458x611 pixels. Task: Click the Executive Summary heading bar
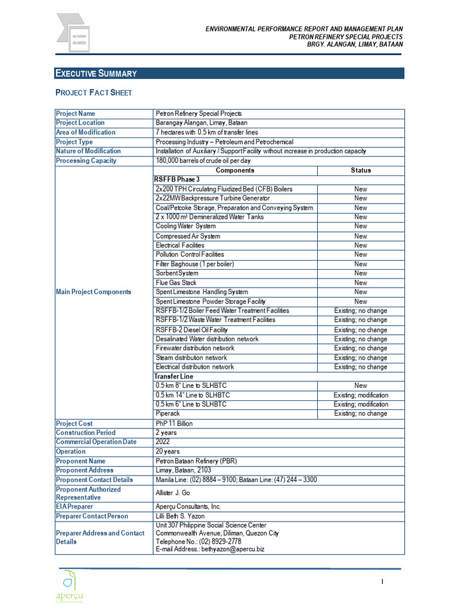click(229, 73)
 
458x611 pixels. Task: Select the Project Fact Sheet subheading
click(94, 93)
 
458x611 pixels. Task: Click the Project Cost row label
click(75, 423)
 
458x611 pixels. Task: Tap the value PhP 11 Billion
click(174, 423)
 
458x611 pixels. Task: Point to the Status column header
click(361, 170)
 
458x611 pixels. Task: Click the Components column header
click(235, 170)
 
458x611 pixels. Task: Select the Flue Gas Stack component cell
click(176, 283)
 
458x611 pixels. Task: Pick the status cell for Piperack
click(361, 413)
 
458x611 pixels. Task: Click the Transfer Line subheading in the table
click(174, 377)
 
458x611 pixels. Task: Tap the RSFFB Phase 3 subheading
click(177, 179)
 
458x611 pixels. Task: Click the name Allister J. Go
click(172, 493)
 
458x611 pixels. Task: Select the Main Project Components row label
click(94, 292)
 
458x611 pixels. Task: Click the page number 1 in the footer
click(382, 582)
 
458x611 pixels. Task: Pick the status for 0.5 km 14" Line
click(361, 395)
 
